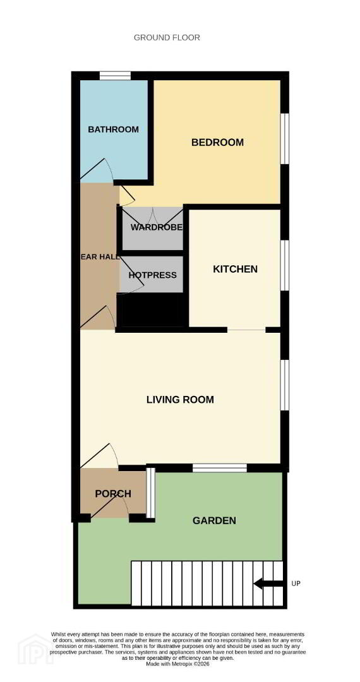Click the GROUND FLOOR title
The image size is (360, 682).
pos(167,37)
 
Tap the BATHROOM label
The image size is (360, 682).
pos(113,129)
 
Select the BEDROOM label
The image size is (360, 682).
pos(217,142)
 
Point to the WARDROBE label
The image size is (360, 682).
pos(156,227)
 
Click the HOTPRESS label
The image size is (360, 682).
pos(152,275)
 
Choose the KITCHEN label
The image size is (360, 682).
pos(235,269)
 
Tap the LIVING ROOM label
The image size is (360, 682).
pos(180,400)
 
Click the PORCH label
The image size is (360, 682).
pos(113,494)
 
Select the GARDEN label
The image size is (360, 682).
pos(214,520)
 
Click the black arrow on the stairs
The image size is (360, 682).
pos(267,583)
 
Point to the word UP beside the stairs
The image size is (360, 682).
pos(296,583)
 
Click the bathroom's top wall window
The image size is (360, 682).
pos(115,76)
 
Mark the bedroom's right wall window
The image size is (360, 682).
pos(284,139)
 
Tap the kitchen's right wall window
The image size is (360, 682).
pos(284,265)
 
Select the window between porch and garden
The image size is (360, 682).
pos(150,493)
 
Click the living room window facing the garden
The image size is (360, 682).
pos(220,468)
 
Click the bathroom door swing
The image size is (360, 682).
pos(97,170)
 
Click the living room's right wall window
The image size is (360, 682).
pos(284,385)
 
